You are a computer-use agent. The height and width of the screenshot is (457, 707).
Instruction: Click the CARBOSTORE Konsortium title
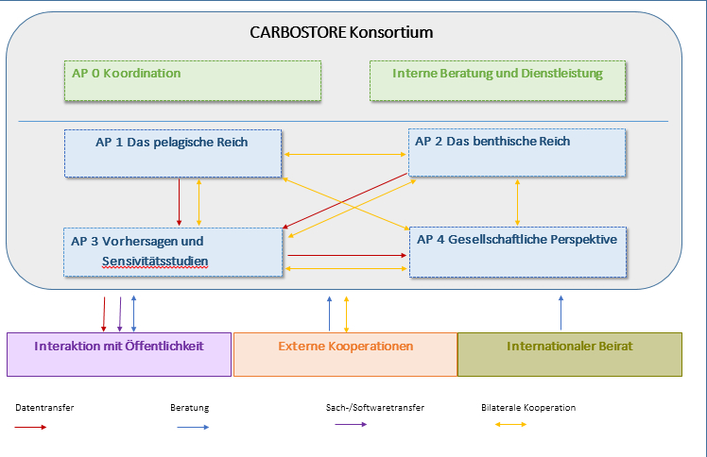click(x=341, y=32)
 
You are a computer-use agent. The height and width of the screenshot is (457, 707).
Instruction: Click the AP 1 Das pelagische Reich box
click(x=173, y=153)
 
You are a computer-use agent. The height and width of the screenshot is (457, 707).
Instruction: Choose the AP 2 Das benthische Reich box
click(x=516, y=152)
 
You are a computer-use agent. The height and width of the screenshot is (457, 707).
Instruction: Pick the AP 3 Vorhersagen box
click(x=173, y=252)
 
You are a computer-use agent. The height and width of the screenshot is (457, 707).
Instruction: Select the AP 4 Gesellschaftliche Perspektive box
click(x=517, y=251)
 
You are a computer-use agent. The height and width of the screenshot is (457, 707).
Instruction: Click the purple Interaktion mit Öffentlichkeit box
click(x=119, y=354)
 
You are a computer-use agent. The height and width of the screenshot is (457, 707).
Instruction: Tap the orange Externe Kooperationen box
click(x=345, y=354)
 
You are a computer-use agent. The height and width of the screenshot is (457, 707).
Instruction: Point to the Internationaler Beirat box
click(x=569, y=354)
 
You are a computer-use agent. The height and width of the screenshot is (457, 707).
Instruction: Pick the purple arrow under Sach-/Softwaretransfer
click(x=351, y=425)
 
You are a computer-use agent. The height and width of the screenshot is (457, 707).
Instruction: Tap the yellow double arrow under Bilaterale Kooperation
click(x=511, y=425)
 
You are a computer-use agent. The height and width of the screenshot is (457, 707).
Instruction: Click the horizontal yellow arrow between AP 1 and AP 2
click(x=346, y=154)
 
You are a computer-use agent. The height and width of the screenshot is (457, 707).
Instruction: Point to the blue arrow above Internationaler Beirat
click(x=560, y=312)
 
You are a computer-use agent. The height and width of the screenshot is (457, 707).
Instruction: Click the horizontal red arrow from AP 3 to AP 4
click(x=346, y=255)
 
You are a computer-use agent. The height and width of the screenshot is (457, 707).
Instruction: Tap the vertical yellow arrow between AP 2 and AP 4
click(x=517, y=201)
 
